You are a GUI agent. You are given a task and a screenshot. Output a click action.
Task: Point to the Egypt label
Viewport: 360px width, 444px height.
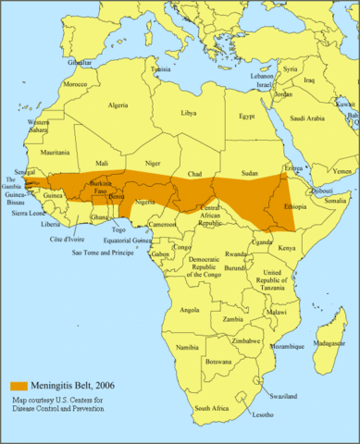pos(246,117)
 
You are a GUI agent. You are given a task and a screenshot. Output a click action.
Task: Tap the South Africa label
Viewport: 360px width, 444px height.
pos(213,407)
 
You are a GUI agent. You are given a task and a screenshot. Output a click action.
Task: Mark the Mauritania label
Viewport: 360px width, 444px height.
pos(55,152)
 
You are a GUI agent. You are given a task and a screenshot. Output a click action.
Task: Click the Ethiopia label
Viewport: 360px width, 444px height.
pos(295,207)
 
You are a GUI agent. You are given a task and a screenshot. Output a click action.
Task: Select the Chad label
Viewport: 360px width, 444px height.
pos(194,174)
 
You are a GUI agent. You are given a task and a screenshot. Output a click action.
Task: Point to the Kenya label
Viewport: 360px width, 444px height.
pos(287,248)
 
